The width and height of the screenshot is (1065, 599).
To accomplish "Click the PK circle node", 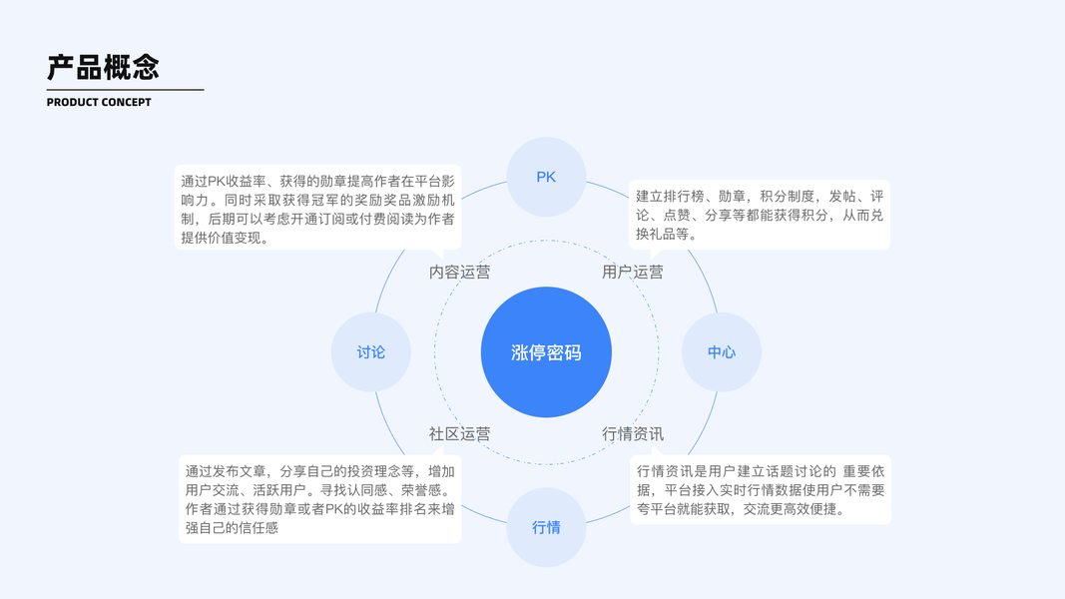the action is (x=546, y=177).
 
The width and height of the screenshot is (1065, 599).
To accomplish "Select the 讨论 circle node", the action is (x=371, y=352).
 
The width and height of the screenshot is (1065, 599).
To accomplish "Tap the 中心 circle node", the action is (x=722, y=352).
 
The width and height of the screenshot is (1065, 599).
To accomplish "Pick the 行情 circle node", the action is (x=546, y=527).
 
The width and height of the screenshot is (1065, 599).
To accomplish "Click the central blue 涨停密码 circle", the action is (x=546, y=352).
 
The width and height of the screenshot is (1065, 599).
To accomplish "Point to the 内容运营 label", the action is (x=460, y=272).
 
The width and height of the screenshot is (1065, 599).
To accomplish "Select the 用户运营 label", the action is (x=633, y=272).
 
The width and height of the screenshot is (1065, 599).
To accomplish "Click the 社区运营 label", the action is (x=460, y=434).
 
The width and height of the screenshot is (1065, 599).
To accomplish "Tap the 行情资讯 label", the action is (x=633, y=434).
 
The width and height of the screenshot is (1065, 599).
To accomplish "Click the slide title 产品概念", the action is (x=103, y=67).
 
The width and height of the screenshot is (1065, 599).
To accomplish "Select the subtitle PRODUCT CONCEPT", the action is (x=99, y=103).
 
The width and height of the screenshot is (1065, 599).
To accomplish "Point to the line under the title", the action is (x=125, y=90).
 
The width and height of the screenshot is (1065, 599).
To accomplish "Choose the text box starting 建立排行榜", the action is (x=760, y=215).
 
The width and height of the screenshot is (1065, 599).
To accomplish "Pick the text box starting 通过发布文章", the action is (x=319, y=499).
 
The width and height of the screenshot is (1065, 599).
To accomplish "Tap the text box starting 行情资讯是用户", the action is (x=760, y=490).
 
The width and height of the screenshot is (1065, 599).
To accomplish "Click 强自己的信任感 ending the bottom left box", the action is (x=232, y=528).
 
